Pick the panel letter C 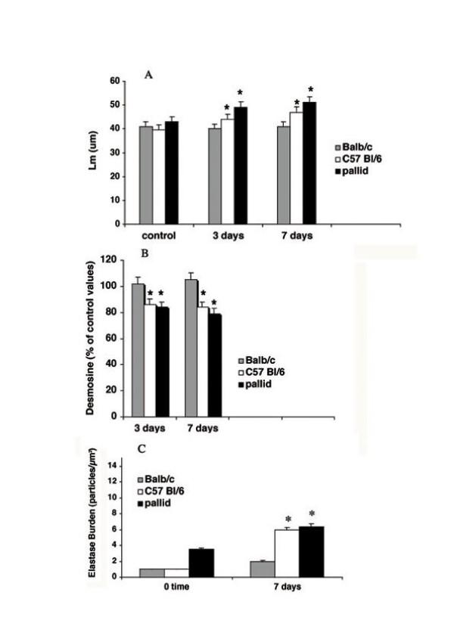point(141,448)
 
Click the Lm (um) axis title point(95,150)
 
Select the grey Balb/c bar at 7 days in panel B point(191,348)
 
